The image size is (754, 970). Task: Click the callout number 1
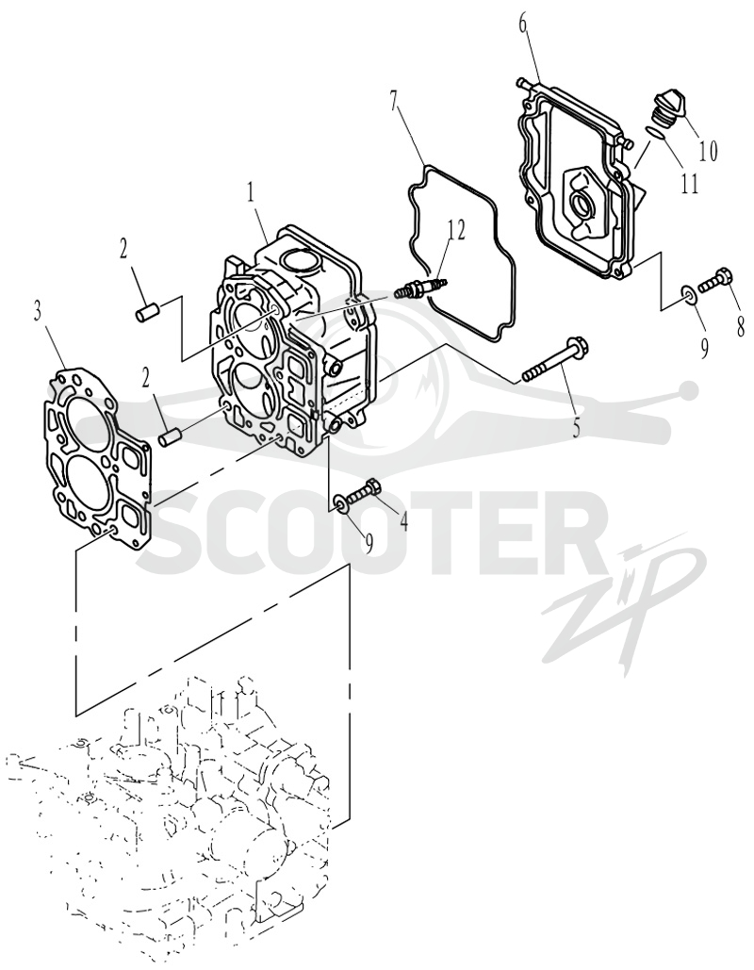251,193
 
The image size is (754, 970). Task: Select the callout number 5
576,427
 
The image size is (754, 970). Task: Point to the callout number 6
523,26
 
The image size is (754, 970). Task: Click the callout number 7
395,99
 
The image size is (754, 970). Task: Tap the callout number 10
708,150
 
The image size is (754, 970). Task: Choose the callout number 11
688,183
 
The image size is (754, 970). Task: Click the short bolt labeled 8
716,280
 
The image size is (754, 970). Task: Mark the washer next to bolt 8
690,293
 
